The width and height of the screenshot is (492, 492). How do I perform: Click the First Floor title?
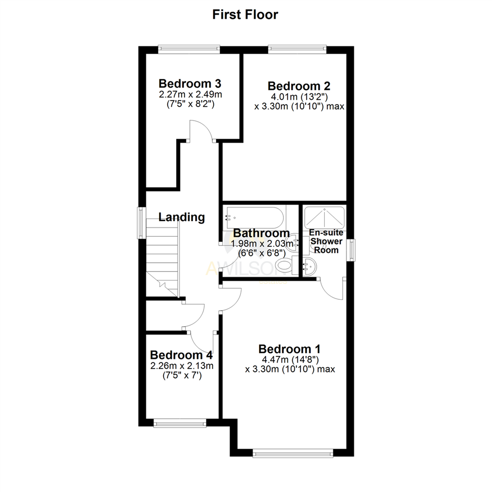pos(245,15)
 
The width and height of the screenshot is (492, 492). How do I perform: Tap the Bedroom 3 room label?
pos(190,84)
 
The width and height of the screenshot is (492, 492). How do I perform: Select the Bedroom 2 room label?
pos(299,86)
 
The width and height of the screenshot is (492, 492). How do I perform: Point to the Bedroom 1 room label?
pos(290,349)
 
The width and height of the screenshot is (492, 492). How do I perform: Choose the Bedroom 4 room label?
pos(182,354)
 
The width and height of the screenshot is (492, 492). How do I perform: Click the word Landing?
pos(181,217)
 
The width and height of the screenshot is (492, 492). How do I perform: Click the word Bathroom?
pos(261,234)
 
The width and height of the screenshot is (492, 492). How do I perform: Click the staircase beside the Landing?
pos(162,255)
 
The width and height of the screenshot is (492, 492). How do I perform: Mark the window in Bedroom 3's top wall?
pos(189,47)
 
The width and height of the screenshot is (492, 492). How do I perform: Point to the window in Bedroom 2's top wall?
pos(297,47)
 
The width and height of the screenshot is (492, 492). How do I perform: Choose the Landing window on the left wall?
pos(142,222)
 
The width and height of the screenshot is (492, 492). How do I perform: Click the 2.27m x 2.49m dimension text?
pos(190,95)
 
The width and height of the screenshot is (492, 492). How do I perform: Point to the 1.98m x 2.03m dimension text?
pos(262,244)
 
